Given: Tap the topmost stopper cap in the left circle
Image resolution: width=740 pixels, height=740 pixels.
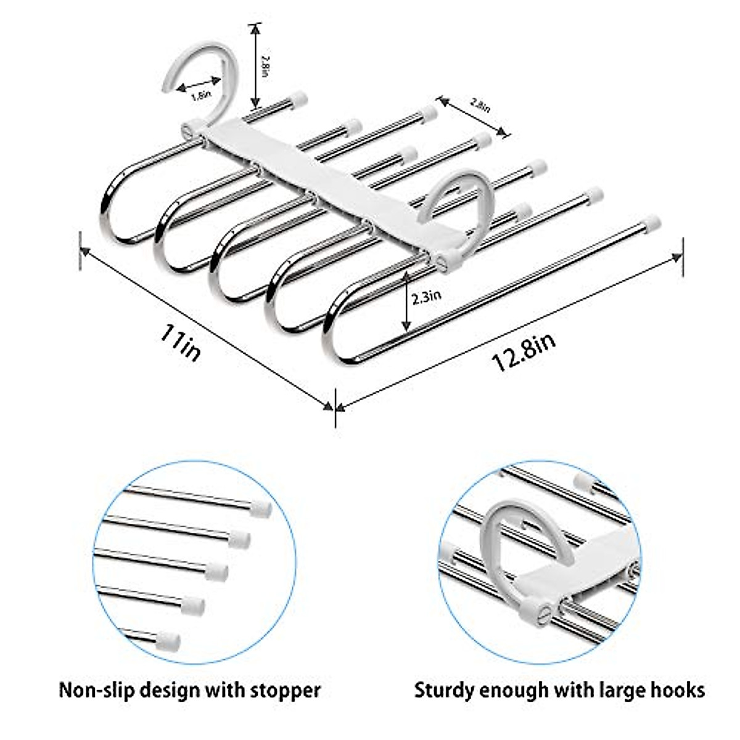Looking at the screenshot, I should click(261, 508).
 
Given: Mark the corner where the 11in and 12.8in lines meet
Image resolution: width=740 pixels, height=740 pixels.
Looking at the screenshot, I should click(335, 407).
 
